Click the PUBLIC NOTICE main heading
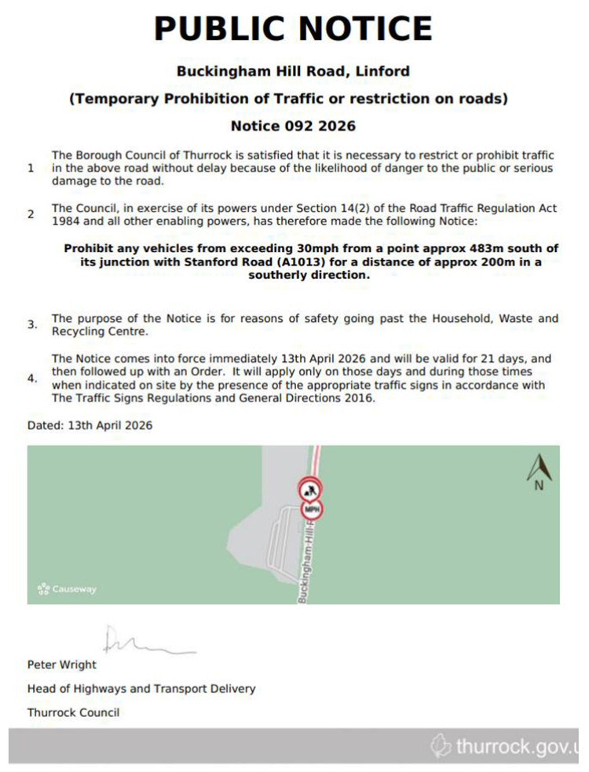pos(293,28)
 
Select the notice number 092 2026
pos(293,126)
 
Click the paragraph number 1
pos(31,168)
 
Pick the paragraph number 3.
pos(32,324)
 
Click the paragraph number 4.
pos(32,379)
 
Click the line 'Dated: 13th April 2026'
pos(90,426)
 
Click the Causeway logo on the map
pos(67,588)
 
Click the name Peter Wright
pos(62,664)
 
